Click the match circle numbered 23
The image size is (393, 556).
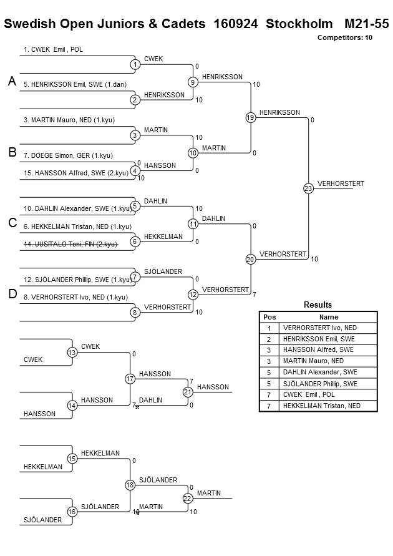click(x=308, y=188)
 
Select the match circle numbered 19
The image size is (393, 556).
click(x=251, y=117)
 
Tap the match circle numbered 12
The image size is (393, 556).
click(x=193, y=295)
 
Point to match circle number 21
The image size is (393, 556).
click(x=188, y=392)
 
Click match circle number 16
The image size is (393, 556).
click(x=72, y=512)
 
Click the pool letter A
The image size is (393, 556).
click(x=12, y=81)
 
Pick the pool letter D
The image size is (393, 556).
click(x=12, y=294)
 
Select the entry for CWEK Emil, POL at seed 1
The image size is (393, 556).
click(x=53, y=50)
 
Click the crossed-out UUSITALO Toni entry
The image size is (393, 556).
click(x=70, y=244)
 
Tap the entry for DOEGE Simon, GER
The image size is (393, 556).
click(x=69, y=155)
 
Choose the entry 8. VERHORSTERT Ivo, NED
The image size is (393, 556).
click(x=76, y=297)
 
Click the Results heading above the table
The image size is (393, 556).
click(x=318, y=305)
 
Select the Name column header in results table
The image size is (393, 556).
click(x=329, y=317)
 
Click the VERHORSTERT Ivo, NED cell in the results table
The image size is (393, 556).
click(x=320, y=328)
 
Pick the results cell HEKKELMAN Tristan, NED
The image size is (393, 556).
click(x=322, y=406)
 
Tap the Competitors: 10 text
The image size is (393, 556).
click(x=345, y=37)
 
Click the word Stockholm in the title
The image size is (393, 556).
click(x=299, y=24)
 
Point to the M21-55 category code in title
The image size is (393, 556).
click(x=367, y=24)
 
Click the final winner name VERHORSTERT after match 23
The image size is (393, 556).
click(x=341, y=183)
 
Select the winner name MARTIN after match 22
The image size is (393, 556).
click(x=209, y=493)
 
